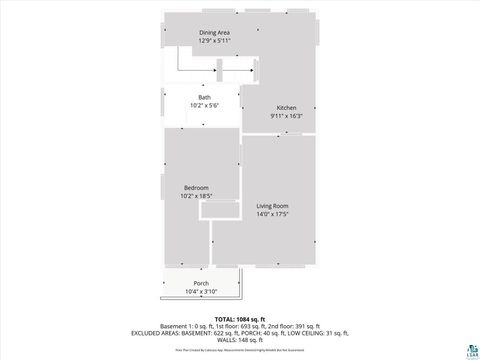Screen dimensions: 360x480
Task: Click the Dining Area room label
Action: coord(215,33)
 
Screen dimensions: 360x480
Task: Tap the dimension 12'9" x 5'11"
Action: coord(215,41)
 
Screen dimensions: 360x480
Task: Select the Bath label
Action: coord(204,97)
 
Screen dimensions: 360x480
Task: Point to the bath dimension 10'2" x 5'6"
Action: coord(204,105)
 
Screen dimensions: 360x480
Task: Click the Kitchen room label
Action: coord(286,107)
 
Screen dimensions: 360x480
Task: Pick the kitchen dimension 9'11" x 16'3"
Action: coord(286,115)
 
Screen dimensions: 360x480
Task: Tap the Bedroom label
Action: coord(196,188)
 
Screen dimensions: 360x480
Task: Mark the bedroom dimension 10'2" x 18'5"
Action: coord(196,196)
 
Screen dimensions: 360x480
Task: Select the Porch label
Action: coord(201,284)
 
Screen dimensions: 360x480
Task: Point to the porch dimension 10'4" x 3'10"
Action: coord(201,291)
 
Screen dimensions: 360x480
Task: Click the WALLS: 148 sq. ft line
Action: coord(239,339)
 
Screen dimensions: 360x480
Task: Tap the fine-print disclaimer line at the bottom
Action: coord(239,350)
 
